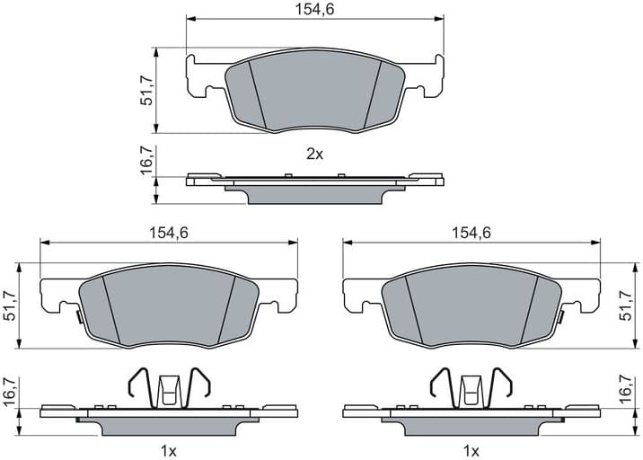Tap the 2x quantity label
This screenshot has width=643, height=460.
(313, 154)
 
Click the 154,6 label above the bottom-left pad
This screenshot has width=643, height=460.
(168, 232)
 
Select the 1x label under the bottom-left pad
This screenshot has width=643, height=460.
(168, 449)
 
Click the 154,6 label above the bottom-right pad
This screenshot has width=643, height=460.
(471, 232)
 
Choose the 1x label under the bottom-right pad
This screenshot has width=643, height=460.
(471, 449)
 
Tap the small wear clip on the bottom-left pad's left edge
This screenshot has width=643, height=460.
(76, 315)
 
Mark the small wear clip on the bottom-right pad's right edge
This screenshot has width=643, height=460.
(563, 315)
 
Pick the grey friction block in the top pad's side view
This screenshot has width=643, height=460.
(313, 194)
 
